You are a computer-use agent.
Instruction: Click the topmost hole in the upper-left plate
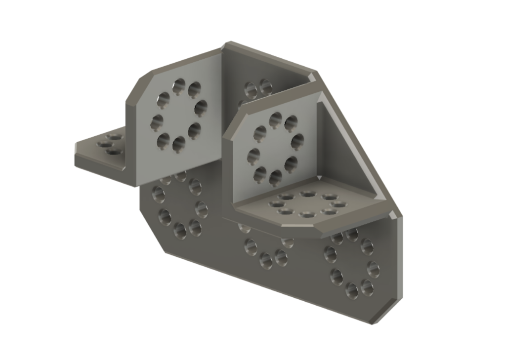coord(179,85)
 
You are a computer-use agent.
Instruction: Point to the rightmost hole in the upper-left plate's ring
coord(200,107)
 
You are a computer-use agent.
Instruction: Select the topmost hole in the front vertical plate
coord(276,119)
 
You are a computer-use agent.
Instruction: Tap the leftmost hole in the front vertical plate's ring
coord(253,156)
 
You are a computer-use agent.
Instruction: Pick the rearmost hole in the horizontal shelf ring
coord(308,194)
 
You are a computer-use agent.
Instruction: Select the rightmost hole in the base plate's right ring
coord(374,269)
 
